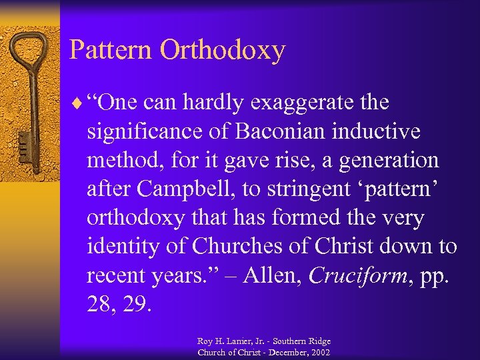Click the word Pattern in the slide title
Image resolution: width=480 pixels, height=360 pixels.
(x=104, y=50)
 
